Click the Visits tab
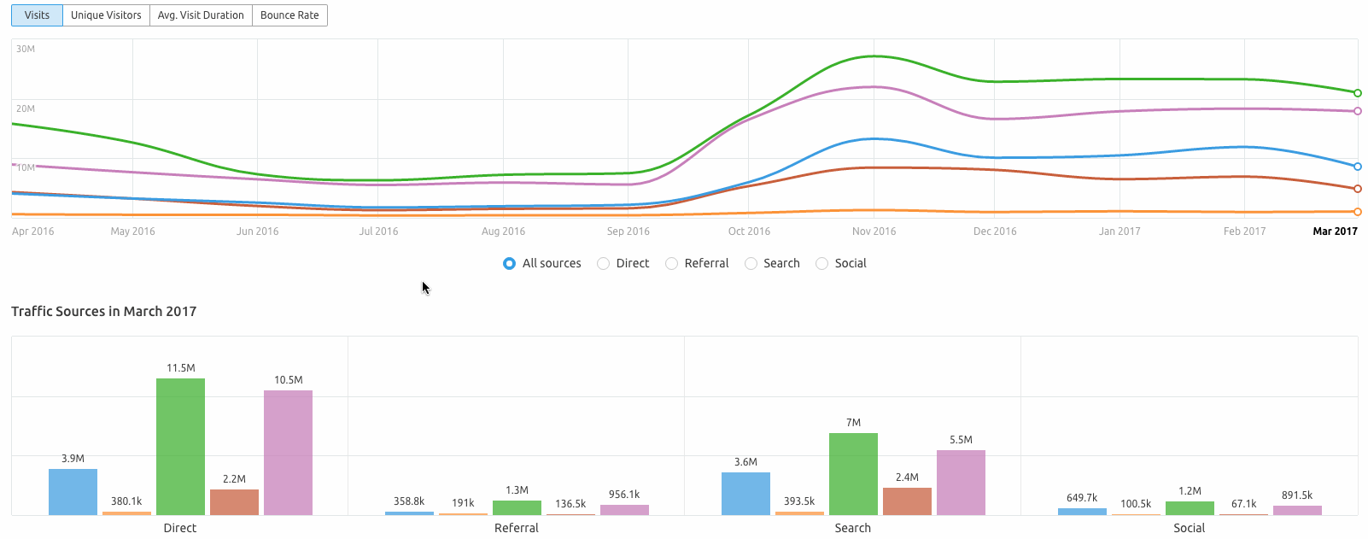coord(37,15)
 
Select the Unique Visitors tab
coord(106,15)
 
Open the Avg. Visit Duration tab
coord(201,15)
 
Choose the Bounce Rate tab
coord(289,15)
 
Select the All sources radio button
coord(510,263)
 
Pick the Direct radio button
coord(604,263)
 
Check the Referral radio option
coord(672,263)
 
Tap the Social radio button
coord(822,263)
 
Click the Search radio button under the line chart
coord(751,263)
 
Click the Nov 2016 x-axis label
coord(874,231)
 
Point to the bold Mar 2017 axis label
coord(1335,231)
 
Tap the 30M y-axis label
coord(26,49)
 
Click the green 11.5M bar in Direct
coord(180,447)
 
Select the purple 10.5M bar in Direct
coord(288,453)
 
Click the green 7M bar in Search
coord(853,474)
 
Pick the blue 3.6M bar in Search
coord(745,494)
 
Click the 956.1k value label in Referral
coord(624,495)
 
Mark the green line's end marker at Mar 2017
coord(1358,93)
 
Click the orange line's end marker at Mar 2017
coord(1358,212)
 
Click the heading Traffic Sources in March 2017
coord(103,311)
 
